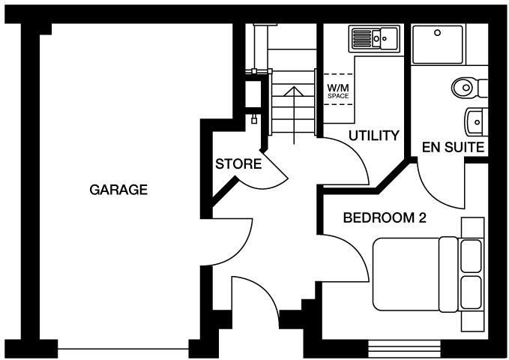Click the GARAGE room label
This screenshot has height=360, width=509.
118,190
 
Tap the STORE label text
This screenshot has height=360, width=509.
238,164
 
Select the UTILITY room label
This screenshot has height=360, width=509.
373,136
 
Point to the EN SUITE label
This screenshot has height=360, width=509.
453,147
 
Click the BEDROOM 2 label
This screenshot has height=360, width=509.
385,218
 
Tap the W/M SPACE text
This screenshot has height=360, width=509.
337,91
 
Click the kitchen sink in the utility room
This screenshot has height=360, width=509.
373,37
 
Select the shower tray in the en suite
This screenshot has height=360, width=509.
439,43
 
